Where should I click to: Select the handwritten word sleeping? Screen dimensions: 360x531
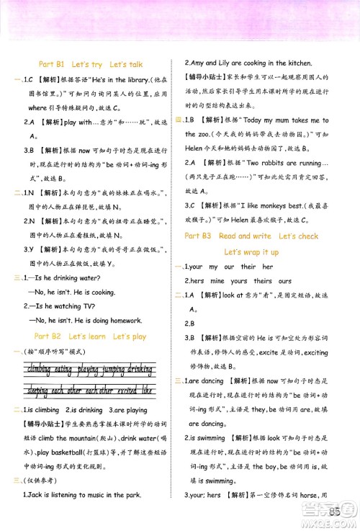[x=36, y=390]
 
